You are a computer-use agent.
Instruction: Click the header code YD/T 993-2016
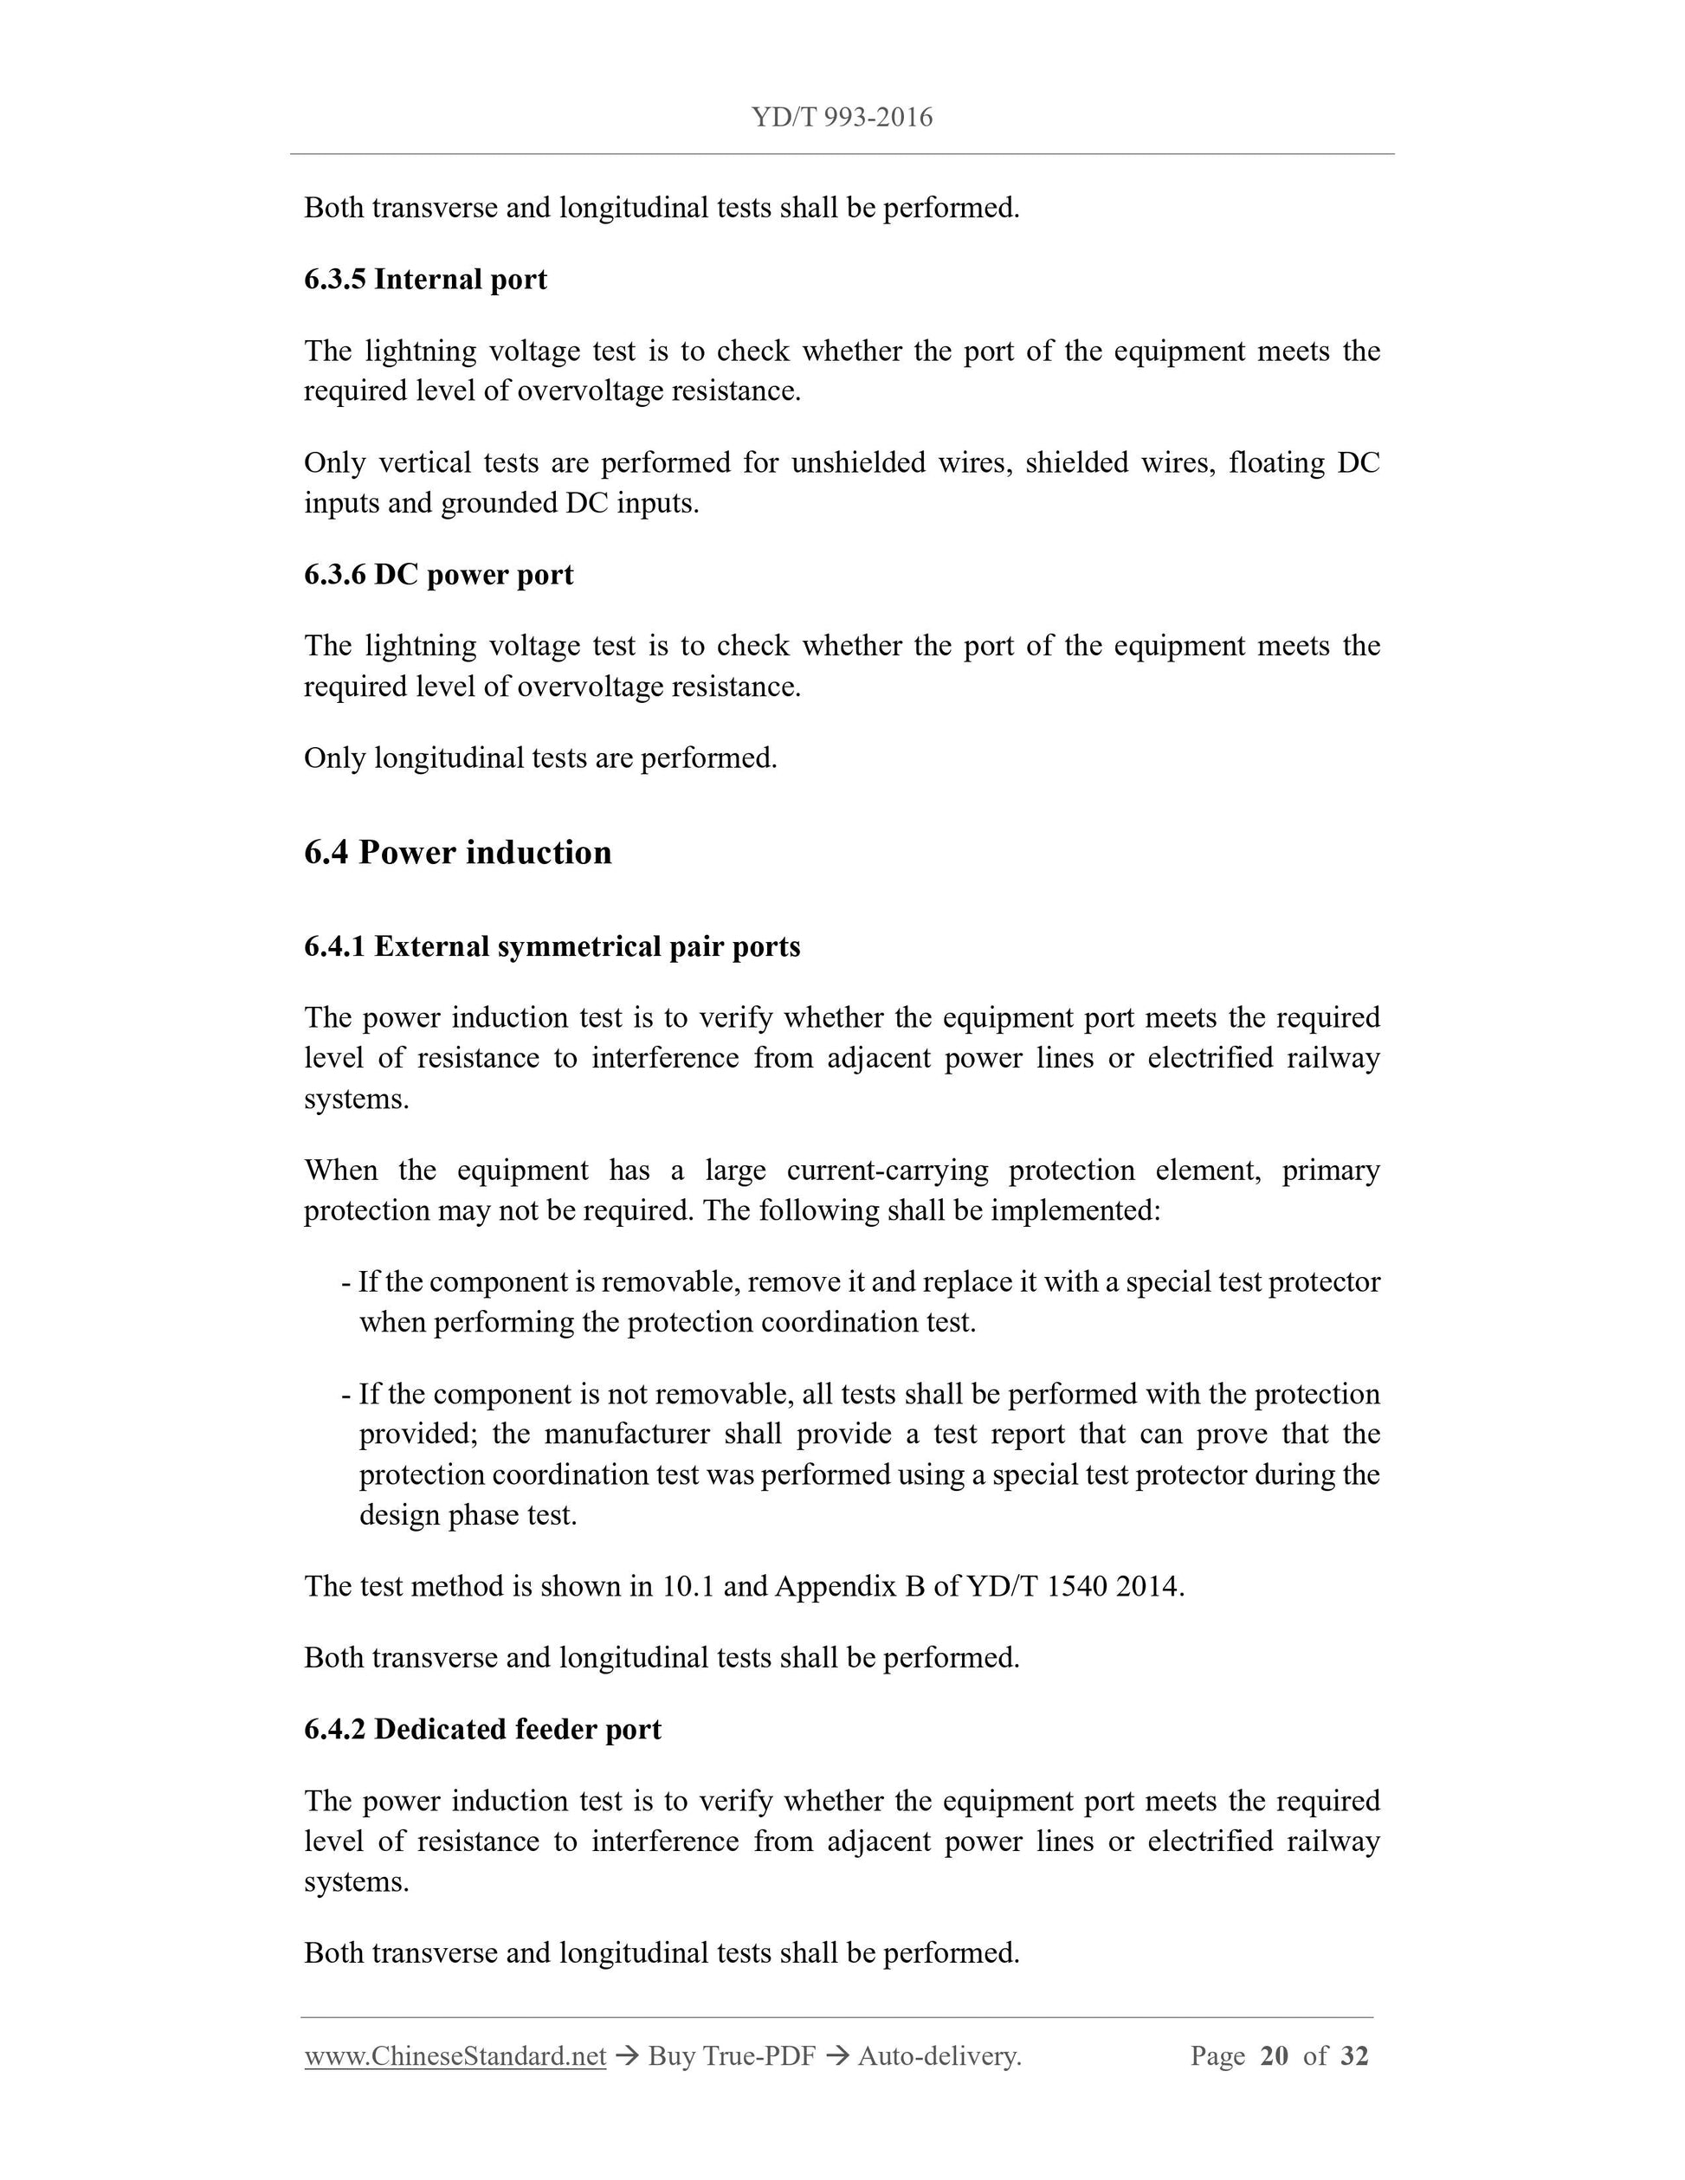click(x=842, y=118)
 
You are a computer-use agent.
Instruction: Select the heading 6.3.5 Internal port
click(x=425, y=280)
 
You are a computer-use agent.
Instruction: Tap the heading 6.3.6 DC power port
click(x=438, y=575)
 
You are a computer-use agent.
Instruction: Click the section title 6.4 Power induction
click(x=457, y=853)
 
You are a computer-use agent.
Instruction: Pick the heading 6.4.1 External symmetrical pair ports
click(x=552, y=946)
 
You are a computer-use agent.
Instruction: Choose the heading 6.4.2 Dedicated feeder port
click(x=482, y=1729)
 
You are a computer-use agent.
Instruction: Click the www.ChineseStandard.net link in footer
click(x=455, y=2056)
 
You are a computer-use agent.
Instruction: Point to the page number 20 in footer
click(x=1274, y=2056)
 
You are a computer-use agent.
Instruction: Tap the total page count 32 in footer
click(x=1353, y=2056)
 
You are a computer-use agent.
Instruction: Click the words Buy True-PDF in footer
click(x=732, y=2056)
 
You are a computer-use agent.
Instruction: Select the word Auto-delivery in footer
click(x=938, y=2056)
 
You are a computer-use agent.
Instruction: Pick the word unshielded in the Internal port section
click(x=857, y=463)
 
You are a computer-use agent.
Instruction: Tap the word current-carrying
click(x=888, y=1170)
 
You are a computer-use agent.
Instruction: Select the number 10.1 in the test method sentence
click(x=688, y=1586)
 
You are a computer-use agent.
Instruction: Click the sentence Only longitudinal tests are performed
click(x=540, y=758)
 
